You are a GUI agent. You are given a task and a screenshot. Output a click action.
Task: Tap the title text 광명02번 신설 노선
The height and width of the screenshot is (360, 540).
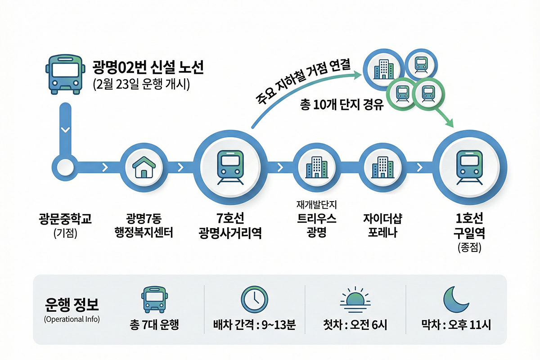(x=148, y=67)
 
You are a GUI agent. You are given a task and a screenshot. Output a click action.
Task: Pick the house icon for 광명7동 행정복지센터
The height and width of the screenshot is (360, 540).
(x=144, y=168)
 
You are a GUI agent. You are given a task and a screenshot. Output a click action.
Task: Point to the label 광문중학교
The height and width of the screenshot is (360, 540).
(x=65, y=219)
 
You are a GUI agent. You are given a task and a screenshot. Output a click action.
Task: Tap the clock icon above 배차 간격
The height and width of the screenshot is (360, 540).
(x=254, y=299)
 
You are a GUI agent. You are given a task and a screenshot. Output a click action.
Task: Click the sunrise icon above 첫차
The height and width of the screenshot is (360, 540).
(x=355, y=298)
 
